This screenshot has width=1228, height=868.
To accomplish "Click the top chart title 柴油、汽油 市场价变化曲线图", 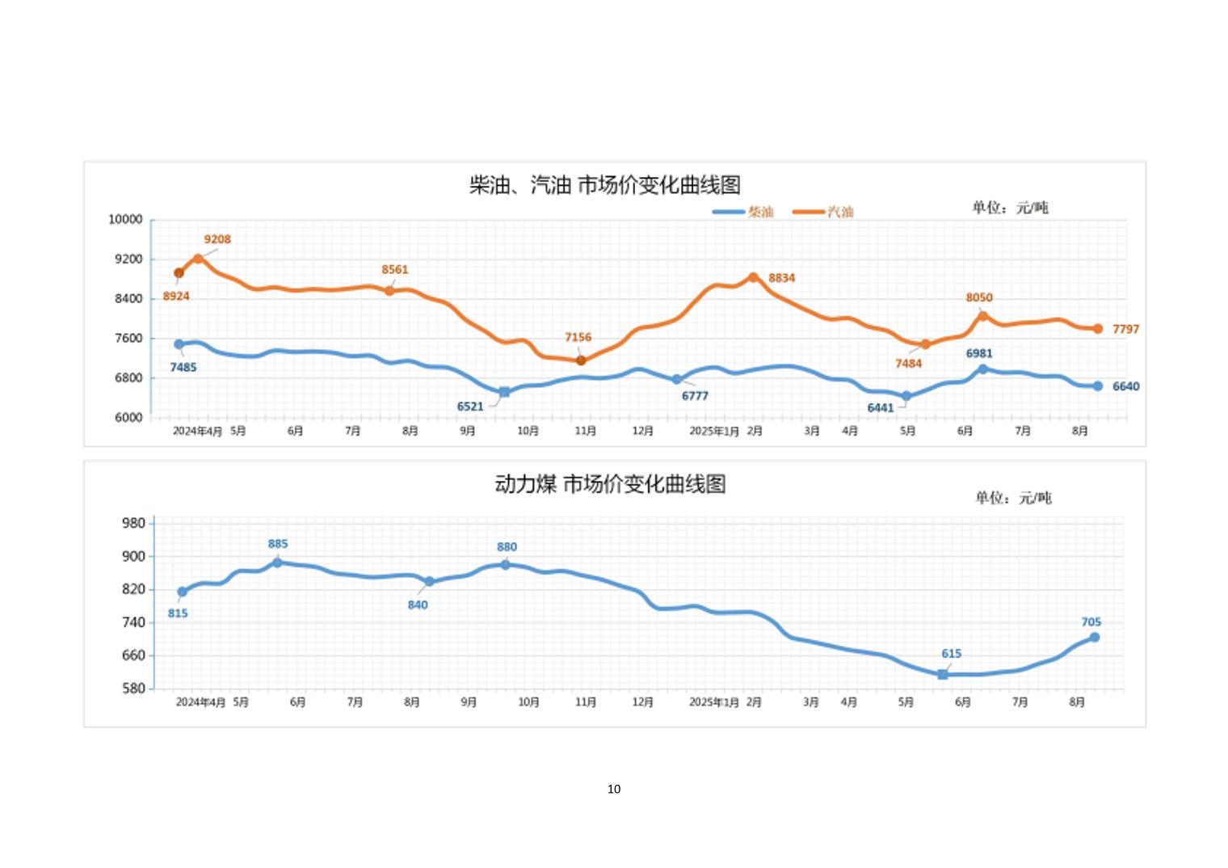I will click(x=605, y=185).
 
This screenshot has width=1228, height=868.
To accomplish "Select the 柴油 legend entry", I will click(x=742, y=212).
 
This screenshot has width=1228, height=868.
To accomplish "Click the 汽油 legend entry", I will click(x=822, y=212).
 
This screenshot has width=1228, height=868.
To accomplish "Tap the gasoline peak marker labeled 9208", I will click(x=198, y=259).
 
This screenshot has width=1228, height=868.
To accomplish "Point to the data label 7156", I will click(x=578, y=337).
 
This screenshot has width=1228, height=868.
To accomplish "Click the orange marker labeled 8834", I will click(x=754, y=277).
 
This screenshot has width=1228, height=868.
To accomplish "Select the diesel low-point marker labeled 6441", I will click(x=906, y=396).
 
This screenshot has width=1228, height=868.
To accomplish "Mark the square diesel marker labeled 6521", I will click(x=505, y=392).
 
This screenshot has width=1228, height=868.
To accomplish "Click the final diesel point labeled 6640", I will click(x=1098, y=386).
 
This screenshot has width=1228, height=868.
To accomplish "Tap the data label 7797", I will click(x=1125, y=329).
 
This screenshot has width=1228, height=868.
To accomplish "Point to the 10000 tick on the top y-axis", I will click(x=125, y=219).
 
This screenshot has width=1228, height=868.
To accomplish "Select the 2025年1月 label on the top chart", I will click(x=713, y=432).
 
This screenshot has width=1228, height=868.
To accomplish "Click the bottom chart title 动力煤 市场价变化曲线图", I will click(x=610, y=484).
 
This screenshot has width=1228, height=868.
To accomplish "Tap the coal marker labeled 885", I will click(x=278, y=563).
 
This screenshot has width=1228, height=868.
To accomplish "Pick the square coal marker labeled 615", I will click(x=943, y=674).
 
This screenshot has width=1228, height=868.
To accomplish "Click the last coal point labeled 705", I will click(x=1095, y=638).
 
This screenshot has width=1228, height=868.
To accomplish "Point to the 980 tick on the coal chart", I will click(x=134, y=523).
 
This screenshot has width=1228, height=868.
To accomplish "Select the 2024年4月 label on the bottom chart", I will click(x=200, y=702).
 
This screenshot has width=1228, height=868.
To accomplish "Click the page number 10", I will click(x=614, y=789).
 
